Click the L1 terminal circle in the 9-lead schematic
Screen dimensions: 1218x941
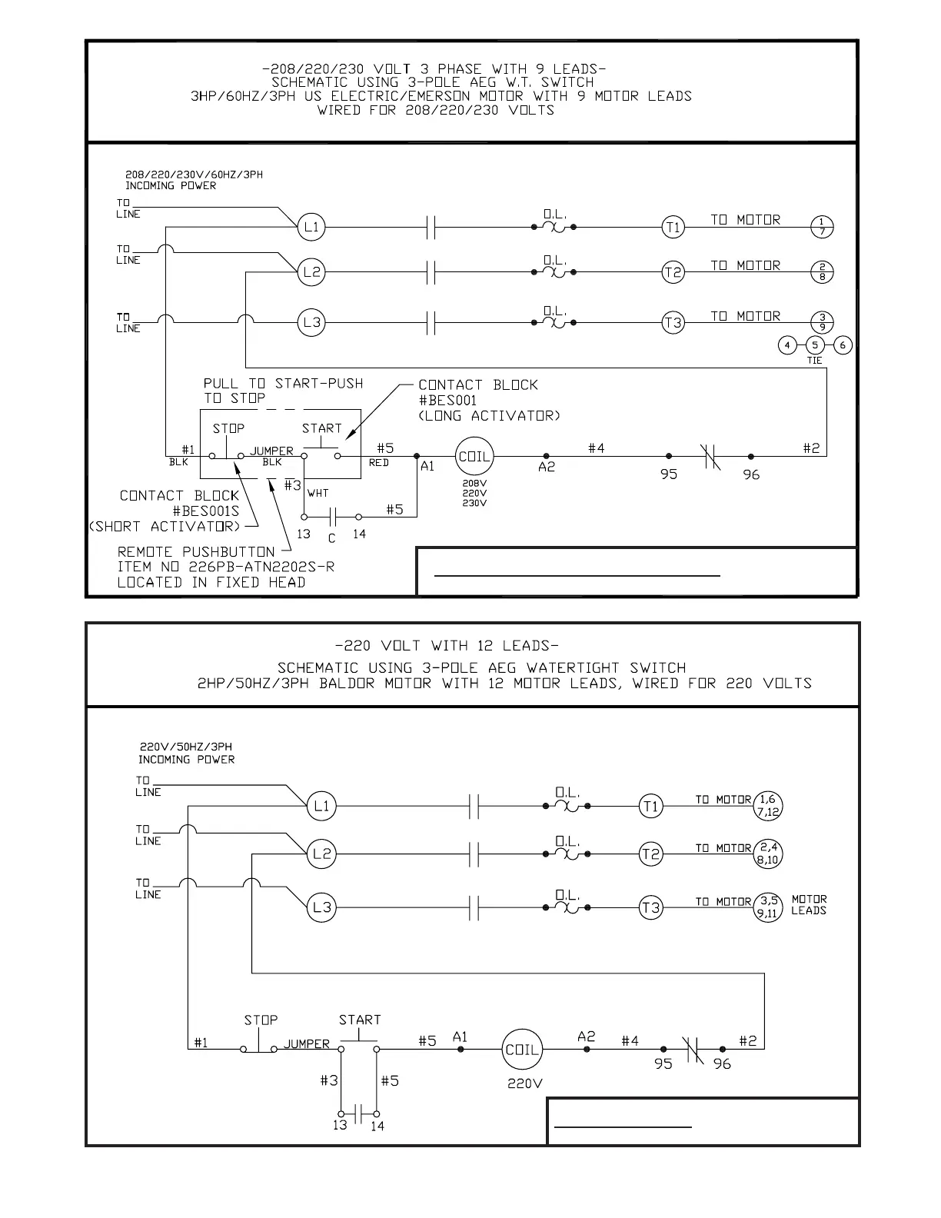tap(311, 227)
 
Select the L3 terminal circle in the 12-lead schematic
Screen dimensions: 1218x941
tap(321, 907)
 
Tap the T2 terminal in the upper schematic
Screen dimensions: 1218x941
tap(673, 272)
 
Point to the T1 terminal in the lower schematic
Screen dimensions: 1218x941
tap(650, 806)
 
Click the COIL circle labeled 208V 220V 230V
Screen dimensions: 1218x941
tap(474, 456)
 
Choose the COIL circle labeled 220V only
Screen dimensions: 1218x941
tap(522, 1050)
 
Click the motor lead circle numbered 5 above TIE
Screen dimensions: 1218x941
tap(815, 345)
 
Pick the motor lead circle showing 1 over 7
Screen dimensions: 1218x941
tap(822, 227)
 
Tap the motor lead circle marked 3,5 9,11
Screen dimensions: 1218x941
tap(767, 907)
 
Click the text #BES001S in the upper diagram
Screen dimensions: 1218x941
tap(205, 511)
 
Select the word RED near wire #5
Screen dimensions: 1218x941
tap(379, 463)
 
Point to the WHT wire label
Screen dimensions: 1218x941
tap(318, 493)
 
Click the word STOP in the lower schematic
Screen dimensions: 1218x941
tap(261, 1020)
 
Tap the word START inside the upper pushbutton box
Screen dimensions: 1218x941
tap(321, 428)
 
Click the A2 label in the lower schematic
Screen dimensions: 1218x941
tap(586, 1037)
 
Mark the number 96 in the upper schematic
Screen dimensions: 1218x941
tap(751, 475)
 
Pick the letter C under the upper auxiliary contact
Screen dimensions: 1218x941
tap(331, 538)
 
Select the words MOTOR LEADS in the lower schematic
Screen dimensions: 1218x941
tap(809, 904)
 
